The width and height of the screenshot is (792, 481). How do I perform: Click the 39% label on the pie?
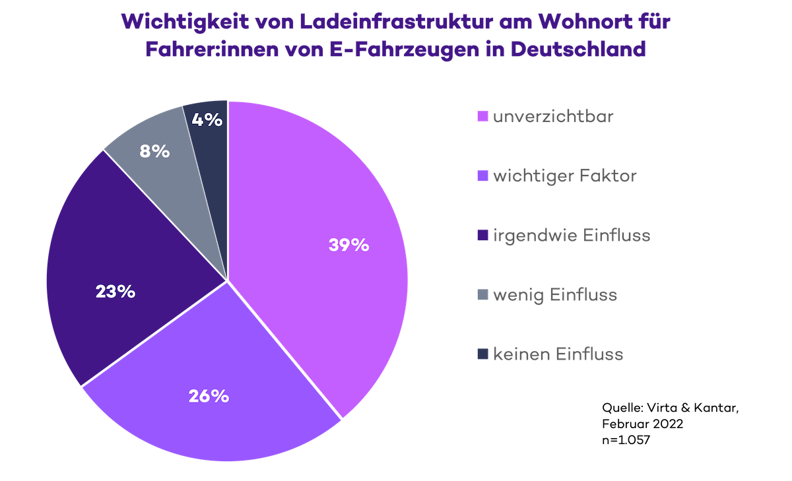coord(348,245)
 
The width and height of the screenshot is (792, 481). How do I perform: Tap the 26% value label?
coord(209,397)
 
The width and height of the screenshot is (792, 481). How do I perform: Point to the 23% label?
coord(115,292)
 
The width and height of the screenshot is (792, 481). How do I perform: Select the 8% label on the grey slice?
coord(155,151)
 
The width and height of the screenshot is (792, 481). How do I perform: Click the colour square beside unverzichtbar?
coord(482,117)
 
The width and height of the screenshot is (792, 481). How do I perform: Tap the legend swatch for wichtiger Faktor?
coord(482,177)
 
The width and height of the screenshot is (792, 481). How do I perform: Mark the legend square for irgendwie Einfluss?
coord(482,236)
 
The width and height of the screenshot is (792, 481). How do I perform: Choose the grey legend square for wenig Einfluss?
coord(482,295)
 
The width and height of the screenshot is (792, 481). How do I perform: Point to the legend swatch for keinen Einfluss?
coord(482,355)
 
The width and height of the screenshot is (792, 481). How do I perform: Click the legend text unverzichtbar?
coord(554,117)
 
